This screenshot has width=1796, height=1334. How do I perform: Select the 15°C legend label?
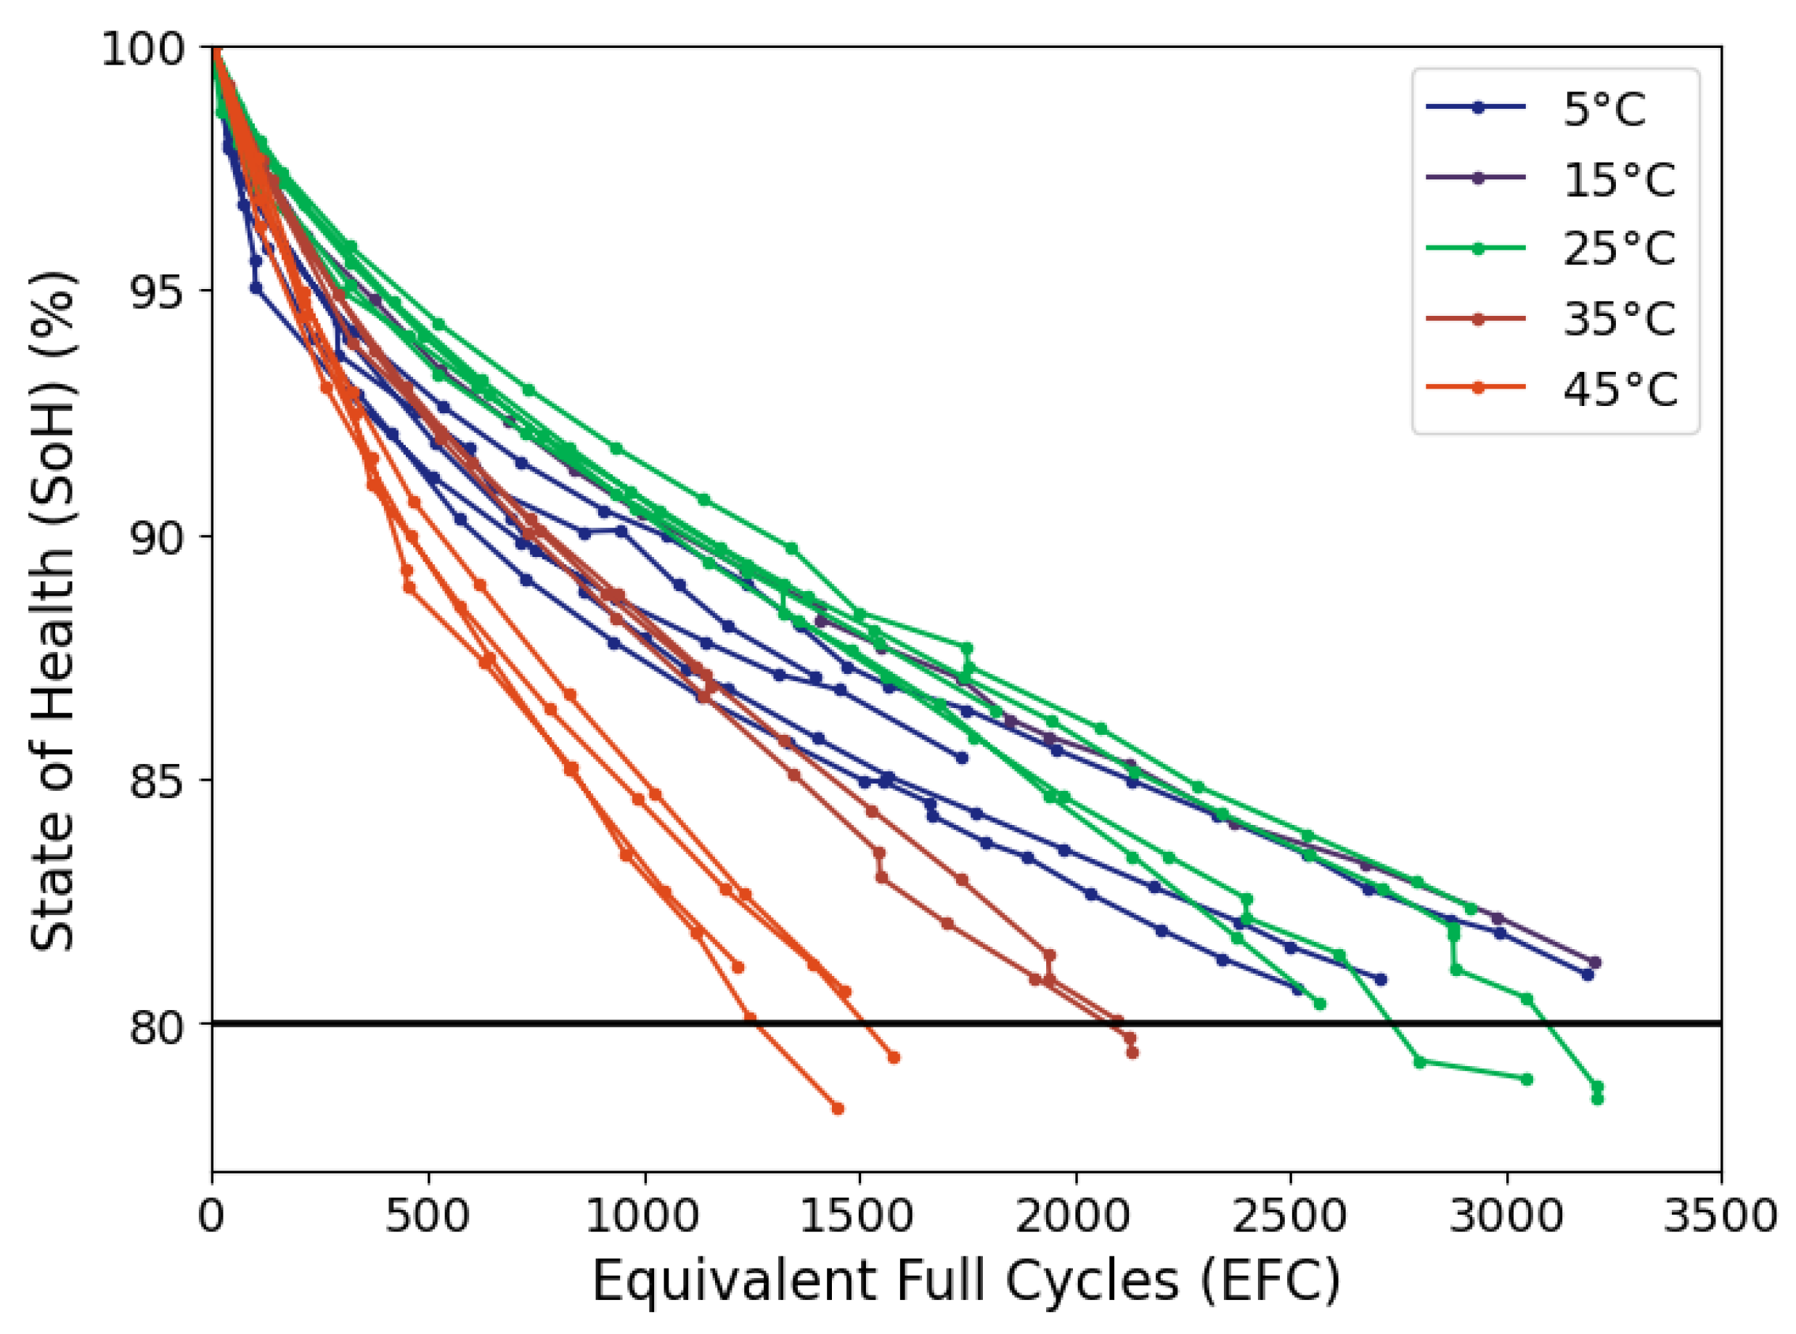click(1618, 179)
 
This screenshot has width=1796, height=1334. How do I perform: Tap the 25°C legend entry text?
click(1618, 248)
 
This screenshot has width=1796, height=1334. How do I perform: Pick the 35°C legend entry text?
click(1618, 318)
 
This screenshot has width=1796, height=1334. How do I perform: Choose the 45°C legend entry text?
click(1618, 389)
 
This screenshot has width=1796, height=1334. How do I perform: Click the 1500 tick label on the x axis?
click(858, 1216)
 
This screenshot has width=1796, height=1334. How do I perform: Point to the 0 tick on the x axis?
click(211, 1216)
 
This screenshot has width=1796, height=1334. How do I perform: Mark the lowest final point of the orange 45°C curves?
click(838, 1109)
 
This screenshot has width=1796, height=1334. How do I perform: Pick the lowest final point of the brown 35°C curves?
click(1132, 1053)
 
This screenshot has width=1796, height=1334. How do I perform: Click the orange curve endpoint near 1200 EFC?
click(737, 967)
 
